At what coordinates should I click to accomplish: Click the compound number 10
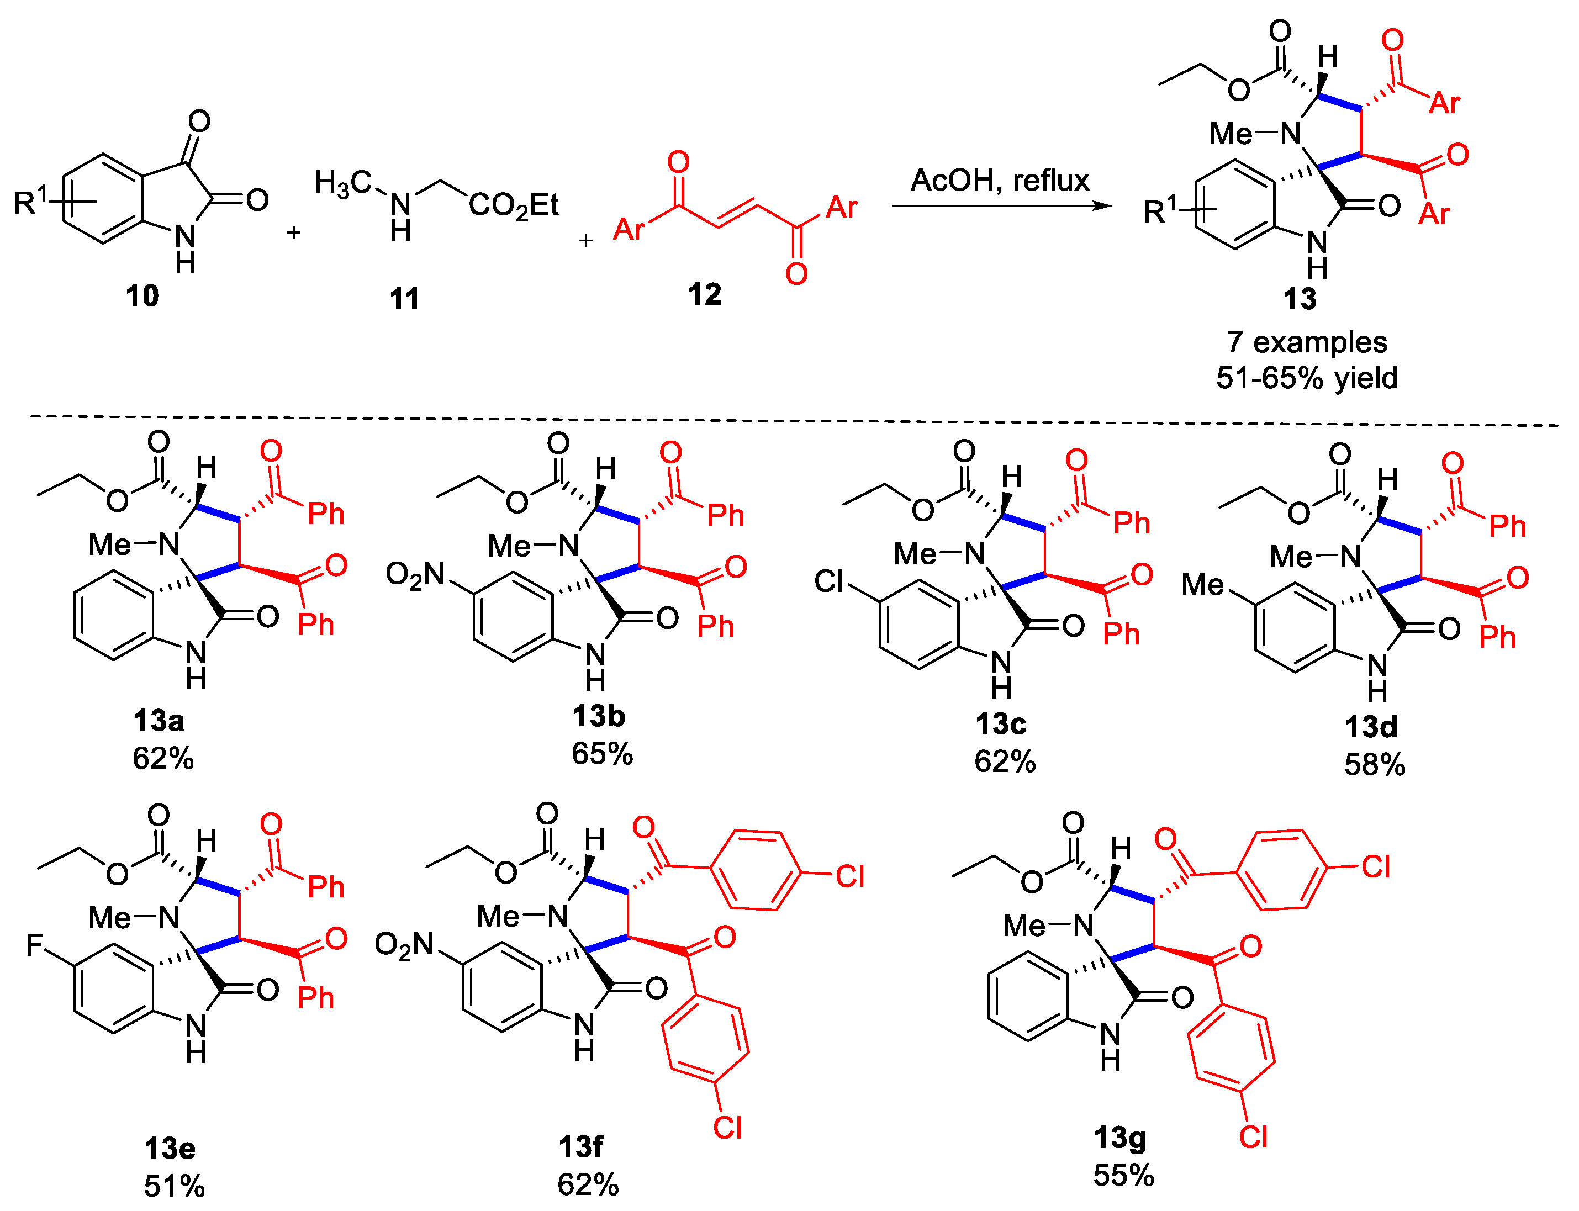[x=142, y=295]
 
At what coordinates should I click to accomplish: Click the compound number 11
[x=404, y=298]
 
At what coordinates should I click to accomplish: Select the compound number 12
[x=704, y=294]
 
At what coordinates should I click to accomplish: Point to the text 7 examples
[x=1307, y=342]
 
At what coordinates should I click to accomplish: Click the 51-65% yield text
[x=1307, y=378]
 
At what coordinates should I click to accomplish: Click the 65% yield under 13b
[x=602, y=754]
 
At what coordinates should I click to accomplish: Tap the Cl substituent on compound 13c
[x=828, y=581]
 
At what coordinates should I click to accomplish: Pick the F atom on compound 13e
[x=35, y=944]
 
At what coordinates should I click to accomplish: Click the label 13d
[x=1371, y=727]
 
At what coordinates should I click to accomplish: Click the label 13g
[x=1119, y=1138]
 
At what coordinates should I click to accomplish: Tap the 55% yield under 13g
[x=1123, y=1176]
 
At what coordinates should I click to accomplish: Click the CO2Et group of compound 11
[x=514, y=206]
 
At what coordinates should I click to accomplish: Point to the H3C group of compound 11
[x=343, y=183]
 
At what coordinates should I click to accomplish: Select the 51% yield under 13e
[x=175, y=1186]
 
